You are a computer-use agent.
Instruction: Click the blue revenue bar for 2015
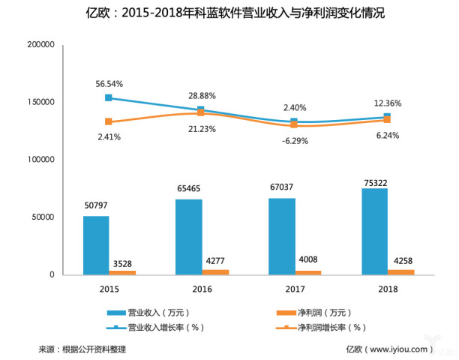[96, 245]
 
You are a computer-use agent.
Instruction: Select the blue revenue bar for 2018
[375, 231]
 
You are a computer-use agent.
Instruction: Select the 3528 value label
[123, 262]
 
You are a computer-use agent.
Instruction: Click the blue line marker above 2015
[109, 97]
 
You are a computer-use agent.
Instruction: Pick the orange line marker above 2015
[109, 121]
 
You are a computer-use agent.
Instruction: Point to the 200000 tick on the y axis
[40, 45]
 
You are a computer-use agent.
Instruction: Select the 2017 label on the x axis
[294, 289]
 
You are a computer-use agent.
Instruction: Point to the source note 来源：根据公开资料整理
[82, 349]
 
